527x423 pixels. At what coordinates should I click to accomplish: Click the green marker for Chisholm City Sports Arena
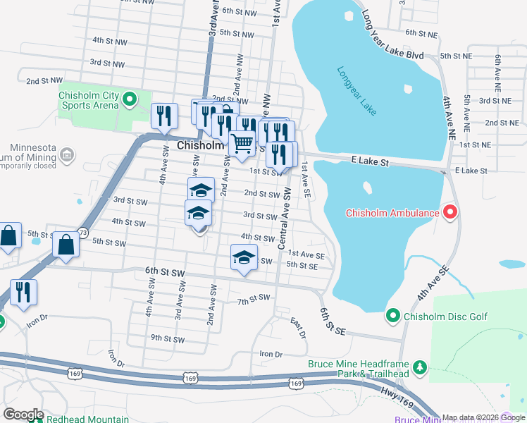click(x=129, y=99)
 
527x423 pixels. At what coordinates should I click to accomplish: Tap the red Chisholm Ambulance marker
click(x=449, y=212)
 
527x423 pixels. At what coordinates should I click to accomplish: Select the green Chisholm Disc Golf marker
click(x=393, y=317)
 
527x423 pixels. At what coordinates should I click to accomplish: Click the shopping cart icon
click(x=242, y=143)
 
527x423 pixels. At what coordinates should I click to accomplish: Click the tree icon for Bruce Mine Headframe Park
click(x=420, y=367)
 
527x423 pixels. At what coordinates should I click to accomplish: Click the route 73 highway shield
click(x=83, y=232)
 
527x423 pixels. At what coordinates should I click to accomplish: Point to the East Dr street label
click(x=298, y=327)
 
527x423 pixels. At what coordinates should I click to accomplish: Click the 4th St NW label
click(x=109, y=40)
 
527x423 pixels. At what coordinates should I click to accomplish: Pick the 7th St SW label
click(x=254, y=299)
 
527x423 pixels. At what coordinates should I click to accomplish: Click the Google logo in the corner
click(x=23, y=415)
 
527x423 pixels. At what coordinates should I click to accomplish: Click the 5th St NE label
click(x=455, y=56)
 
